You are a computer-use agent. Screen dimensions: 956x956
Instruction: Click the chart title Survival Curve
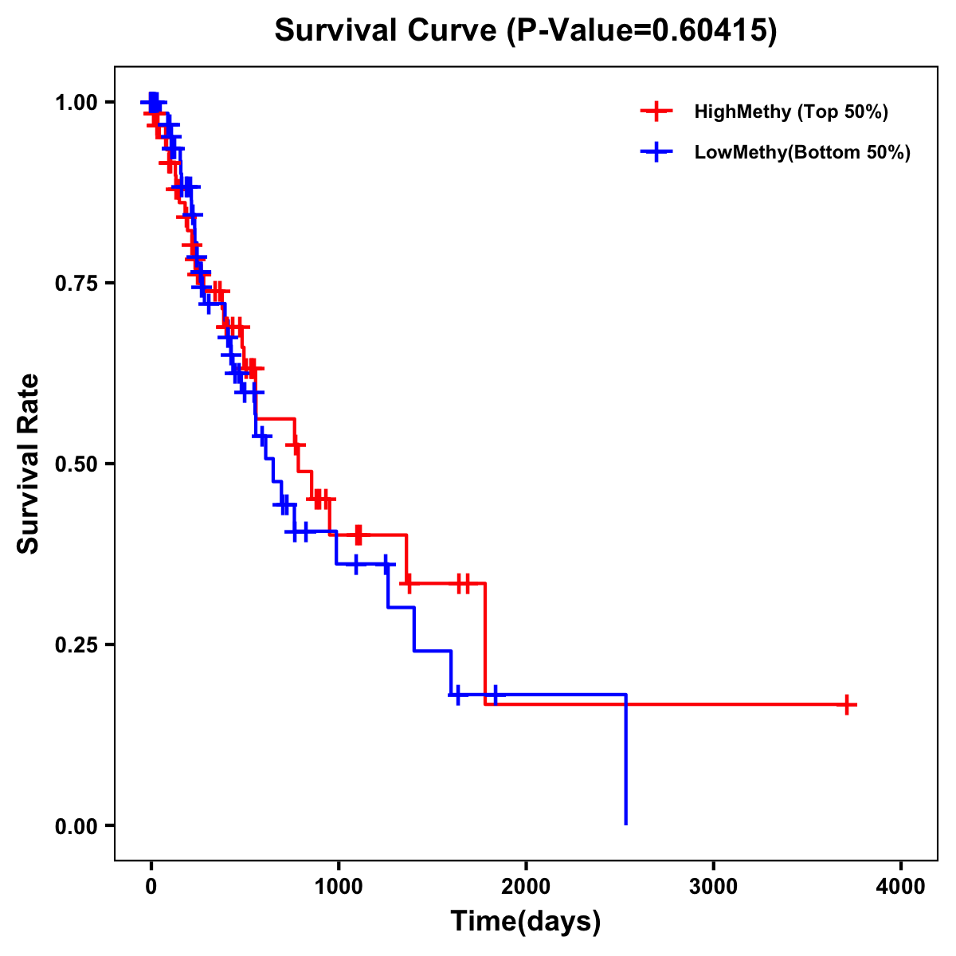(387, 30)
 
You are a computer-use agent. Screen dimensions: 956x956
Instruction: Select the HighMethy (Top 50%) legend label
(790, 112)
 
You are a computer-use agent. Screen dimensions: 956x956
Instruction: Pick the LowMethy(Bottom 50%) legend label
(801, 153)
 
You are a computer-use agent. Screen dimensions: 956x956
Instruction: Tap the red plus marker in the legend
(656, 112)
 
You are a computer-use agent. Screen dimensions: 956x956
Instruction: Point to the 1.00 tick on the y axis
(76, 102)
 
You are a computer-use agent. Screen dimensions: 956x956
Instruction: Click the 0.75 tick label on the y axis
(76, 283)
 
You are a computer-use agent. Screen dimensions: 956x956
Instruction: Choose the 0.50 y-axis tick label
(76, 464)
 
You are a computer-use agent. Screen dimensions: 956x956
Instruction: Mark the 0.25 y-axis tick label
(76, 645)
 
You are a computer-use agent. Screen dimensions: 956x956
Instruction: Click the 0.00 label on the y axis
(76, 825)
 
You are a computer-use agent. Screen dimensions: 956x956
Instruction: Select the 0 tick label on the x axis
(151, 886)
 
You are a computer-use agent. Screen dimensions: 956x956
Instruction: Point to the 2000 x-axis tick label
(526, 886)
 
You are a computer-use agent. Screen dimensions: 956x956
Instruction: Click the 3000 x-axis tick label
(713, 886)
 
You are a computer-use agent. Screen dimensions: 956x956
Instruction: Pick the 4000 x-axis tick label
(901, 886)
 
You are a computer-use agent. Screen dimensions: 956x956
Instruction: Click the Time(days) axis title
(526, 922)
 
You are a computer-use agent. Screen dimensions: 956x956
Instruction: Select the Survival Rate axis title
(29, 464)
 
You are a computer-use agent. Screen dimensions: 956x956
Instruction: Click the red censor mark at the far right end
(847, 705)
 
